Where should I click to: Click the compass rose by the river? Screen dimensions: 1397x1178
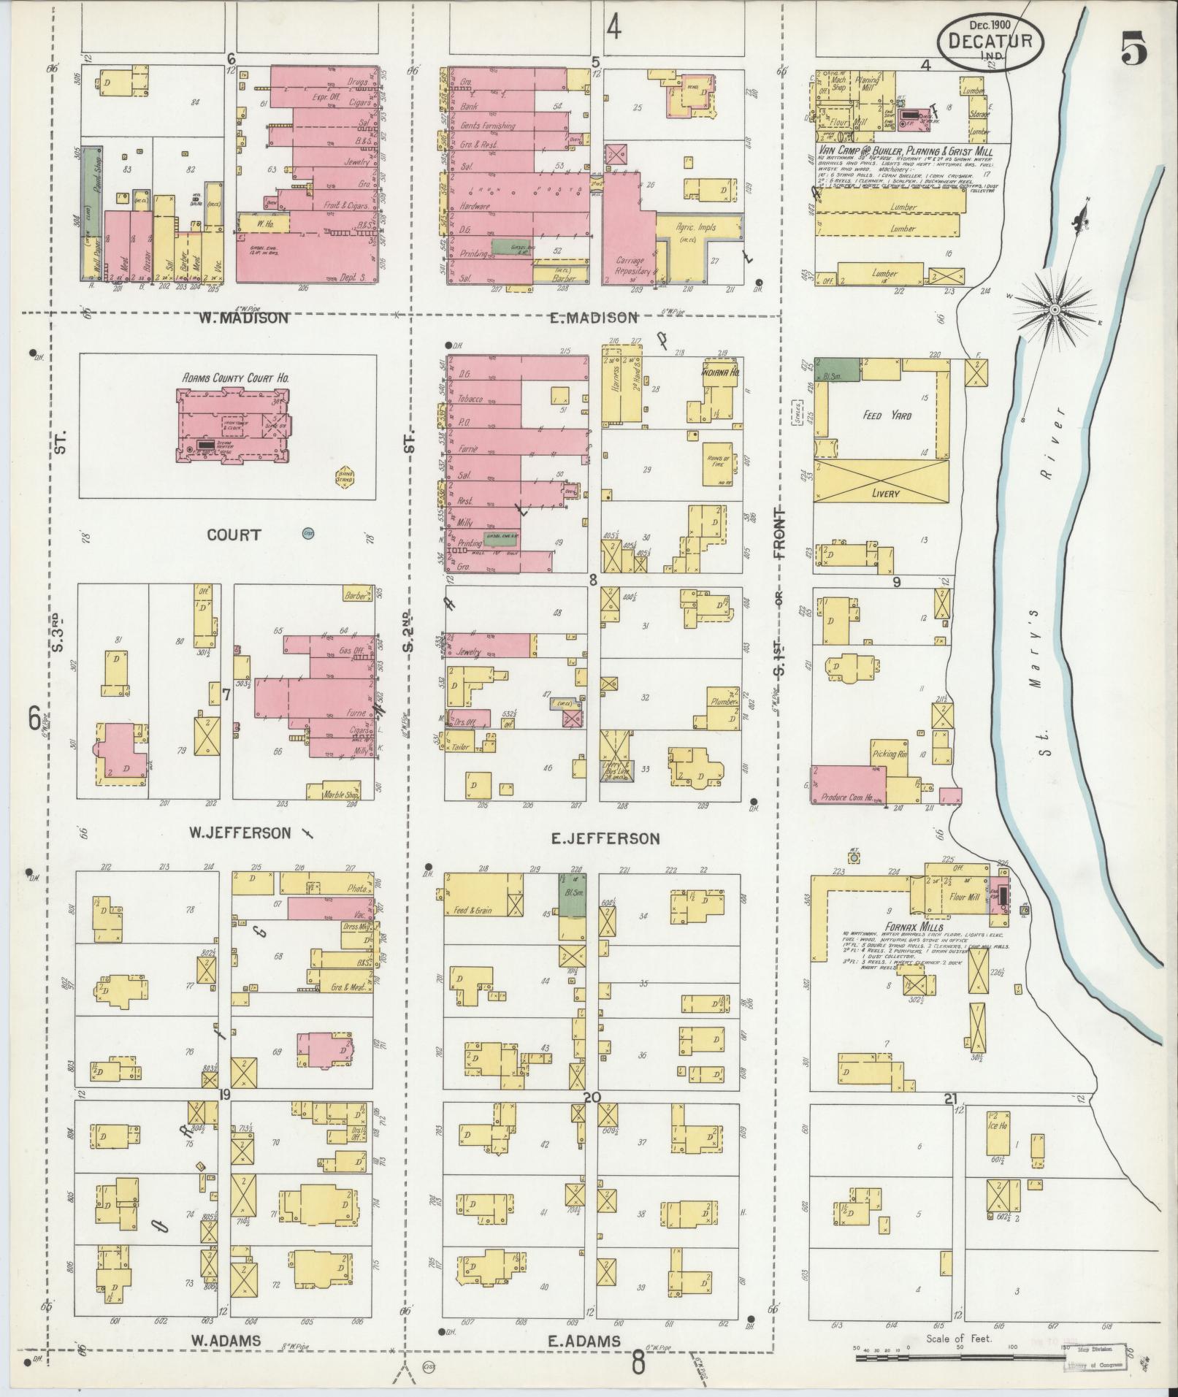click(1055, 310)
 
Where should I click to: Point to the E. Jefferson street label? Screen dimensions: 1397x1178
click(605, 838)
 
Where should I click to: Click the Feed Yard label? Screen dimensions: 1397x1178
click(887, 416)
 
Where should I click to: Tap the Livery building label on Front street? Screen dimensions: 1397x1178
click(885, 494)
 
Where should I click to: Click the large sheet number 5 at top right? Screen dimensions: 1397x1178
click(1133, 50)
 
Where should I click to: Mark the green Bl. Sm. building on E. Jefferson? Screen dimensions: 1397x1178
click(572, 895)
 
